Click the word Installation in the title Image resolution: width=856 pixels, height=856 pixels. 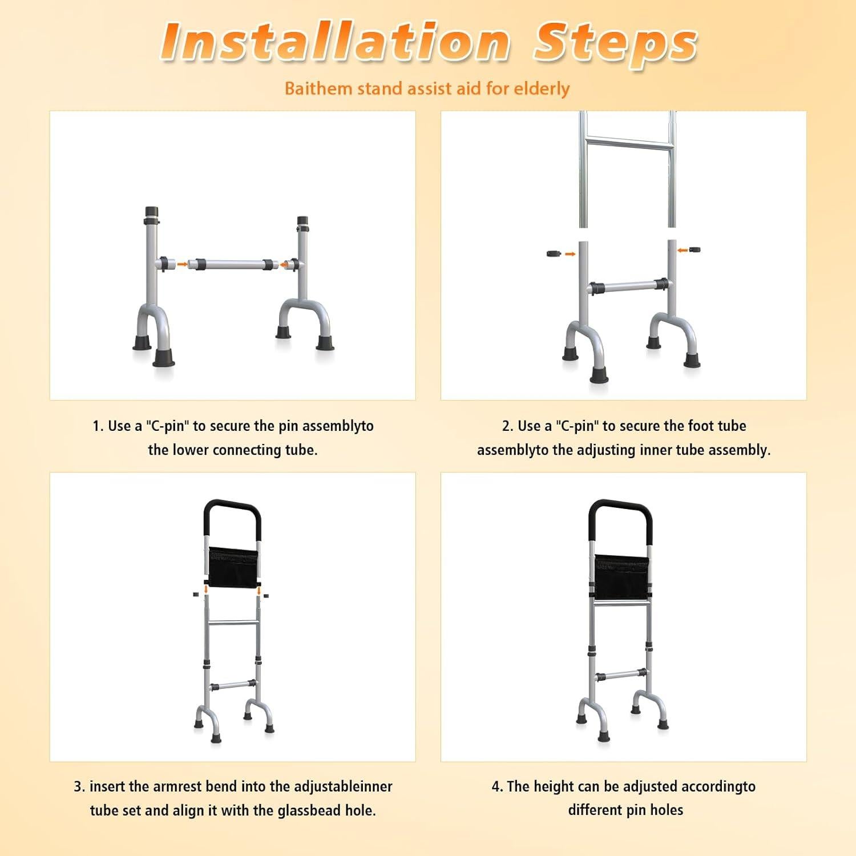[x=335, y=41]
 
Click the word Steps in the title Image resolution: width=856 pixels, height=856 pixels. [x=615, y=42]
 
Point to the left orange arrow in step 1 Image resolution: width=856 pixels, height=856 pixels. [x=181, y=264]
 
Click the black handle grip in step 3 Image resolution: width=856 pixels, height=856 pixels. [x=232, y=505]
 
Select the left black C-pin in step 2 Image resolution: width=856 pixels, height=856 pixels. [x=554, y=253]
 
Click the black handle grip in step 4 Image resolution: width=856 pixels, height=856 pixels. [x=620, y=505]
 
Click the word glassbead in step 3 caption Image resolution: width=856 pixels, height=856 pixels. [x=310, y=810]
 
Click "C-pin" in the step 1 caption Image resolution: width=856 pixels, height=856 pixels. [x=167, y=426]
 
